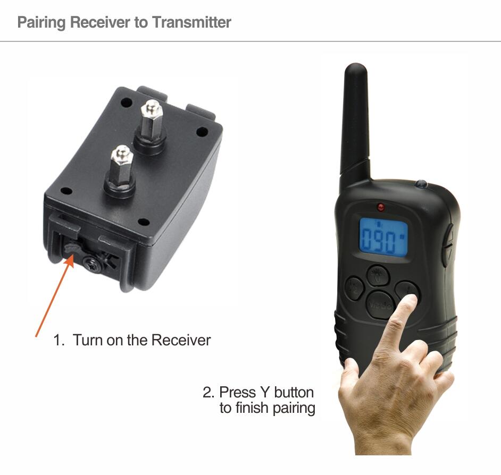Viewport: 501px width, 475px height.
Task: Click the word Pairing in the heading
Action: (x=41, y=23)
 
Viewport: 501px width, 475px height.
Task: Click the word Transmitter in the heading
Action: (x=191, y=22)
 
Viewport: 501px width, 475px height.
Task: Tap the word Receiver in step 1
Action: (x=181, y=340)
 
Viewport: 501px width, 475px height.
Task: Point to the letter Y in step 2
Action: (x=264, y=392)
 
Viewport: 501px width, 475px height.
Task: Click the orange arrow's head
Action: (x=70, y=260)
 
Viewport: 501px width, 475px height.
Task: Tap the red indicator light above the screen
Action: (x=381, y=207)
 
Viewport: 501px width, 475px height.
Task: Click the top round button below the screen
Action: (x=378, y=275)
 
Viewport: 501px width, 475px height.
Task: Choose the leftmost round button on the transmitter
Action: (x=354, y=287)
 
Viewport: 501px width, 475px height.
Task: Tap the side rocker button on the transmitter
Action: (x=448, y=245)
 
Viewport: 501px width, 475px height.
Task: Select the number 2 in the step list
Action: (x=207, y=392)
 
